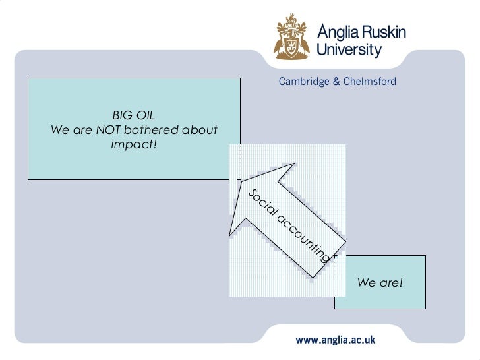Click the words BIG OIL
pos(133,115)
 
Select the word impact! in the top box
pos(134,144)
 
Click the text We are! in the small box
pos(379,283)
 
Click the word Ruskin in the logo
pos(384,32)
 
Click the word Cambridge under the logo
pos(304,82)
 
